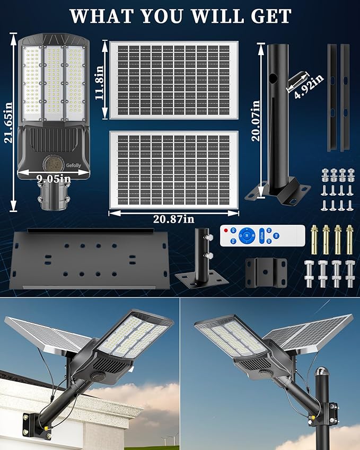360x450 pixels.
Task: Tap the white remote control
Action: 262,235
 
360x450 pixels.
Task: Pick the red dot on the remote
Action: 226,231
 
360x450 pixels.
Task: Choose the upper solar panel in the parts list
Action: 173,80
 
